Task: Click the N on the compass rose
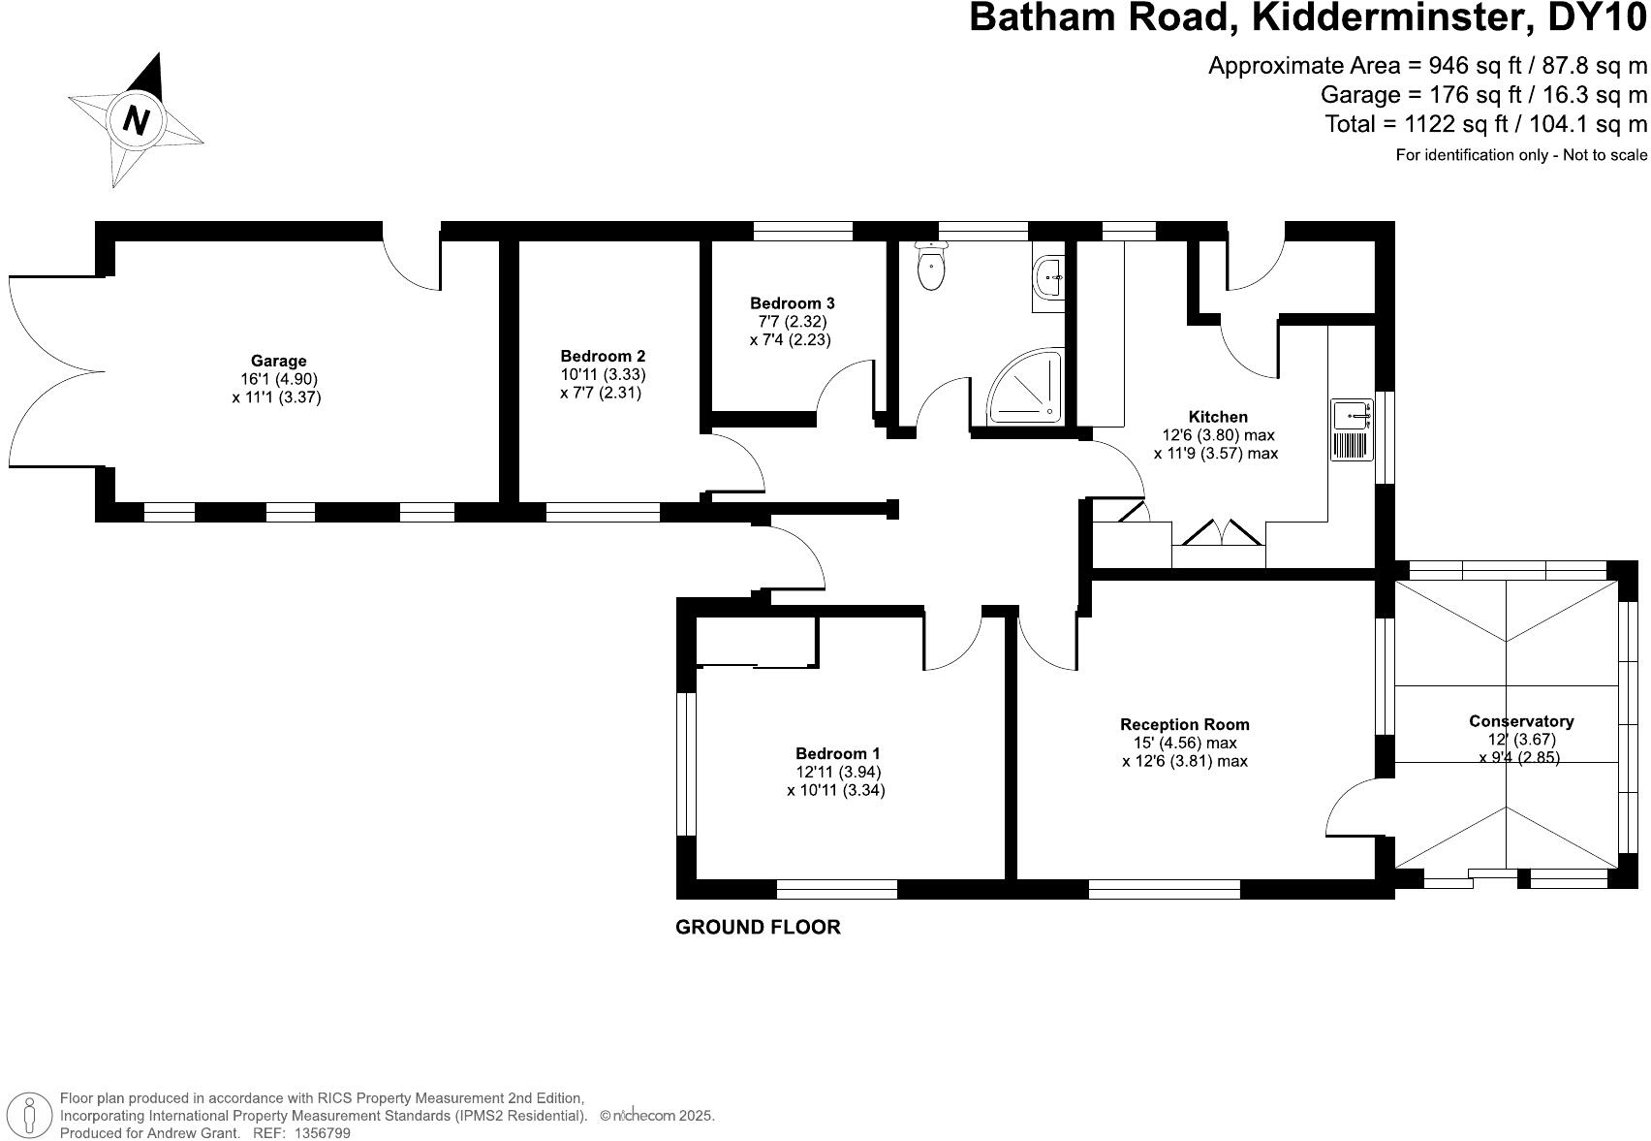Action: [x=137, y=120]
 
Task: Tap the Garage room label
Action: [x=278, y=362]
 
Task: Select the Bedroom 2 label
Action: [x=603, y=357]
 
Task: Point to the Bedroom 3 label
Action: [x=792, y=303]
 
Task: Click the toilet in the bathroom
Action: [x=931, y=267]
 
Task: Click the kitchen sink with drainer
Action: [x=1352, y=429]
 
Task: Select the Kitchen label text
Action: [x=1218, y=417]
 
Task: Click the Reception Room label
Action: [x=1184, y=724]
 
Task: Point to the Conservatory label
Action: [x=1520, y=721]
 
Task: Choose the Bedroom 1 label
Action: [x=837, y=753]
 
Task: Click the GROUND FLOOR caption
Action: [x=758, y=928]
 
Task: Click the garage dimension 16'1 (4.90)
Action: [x=279, y=379]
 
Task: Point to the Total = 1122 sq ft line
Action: [x=1485, y=124]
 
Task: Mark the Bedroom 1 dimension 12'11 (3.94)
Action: [x=837, y=772]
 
